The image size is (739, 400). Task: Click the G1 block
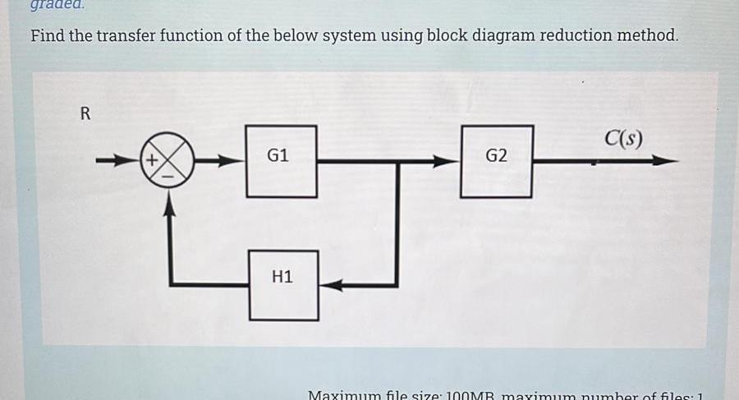pos(281,161)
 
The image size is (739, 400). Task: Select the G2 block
pos(497,161)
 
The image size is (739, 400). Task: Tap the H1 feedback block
pos(283,284)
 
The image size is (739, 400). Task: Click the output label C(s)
pos(623,138)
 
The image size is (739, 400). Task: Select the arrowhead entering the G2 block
pos(448,161)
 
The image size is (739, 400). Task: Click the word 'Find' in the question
pos(48,36)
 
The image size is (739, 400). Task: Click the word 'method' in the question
pos(651,36)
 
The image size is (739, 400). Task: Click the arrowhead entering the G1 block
pos(236,161)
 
